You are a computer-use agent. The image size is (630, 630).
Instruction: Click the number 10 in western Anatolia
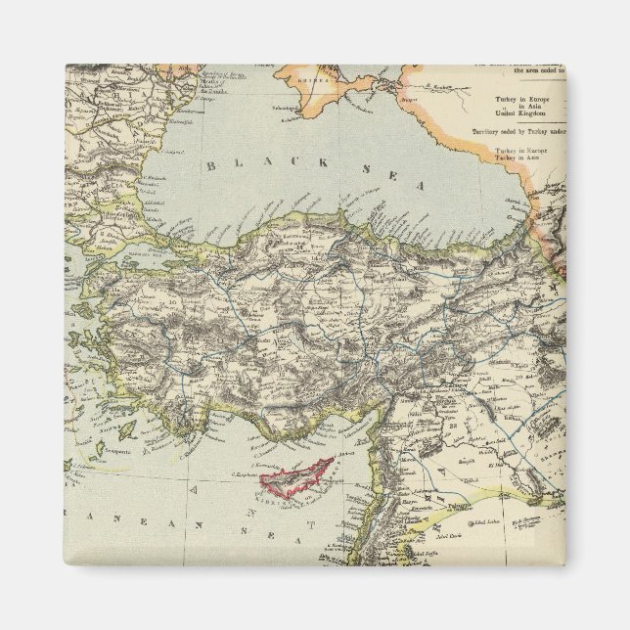[147, 304]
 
